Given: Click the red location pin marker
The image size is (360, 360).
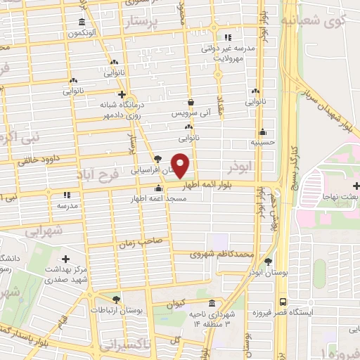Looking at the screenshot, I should point(181,165).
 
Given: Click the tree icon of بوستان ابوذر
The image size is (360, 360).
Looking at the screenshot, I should point(268,261).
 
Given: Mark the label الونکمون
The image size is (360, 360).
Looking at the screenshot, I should point(84,33).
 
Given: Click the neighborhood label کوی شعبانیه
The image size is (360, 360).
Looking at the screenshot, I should point(324,20).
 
